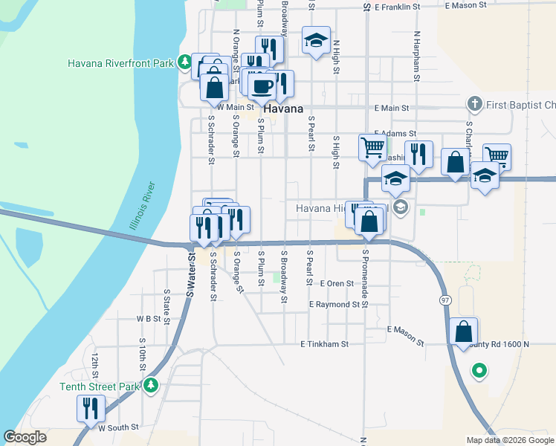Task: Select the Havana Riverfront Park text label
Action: tap(120, 63)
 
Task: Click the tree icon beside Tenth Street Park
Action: tap(152, 385)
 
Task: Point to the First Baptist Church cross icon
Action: tap(474, 103)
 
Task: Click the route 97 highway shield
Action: tap(445, 300)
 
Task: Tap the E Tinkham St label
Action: tap(324, 344)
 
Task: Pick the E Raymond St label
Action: tap(340, 305)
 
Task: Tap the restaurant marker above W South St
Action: tap(91, 407)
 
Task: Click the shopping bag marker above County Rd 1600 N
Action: tap(462, 330)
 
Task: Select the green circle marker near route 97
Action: tap(479, 369)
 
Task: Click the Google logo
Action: tap(25, 437)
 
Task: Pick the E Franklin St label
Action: tap(403, 5)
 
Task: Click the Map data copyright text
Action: tap(509, 440)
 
